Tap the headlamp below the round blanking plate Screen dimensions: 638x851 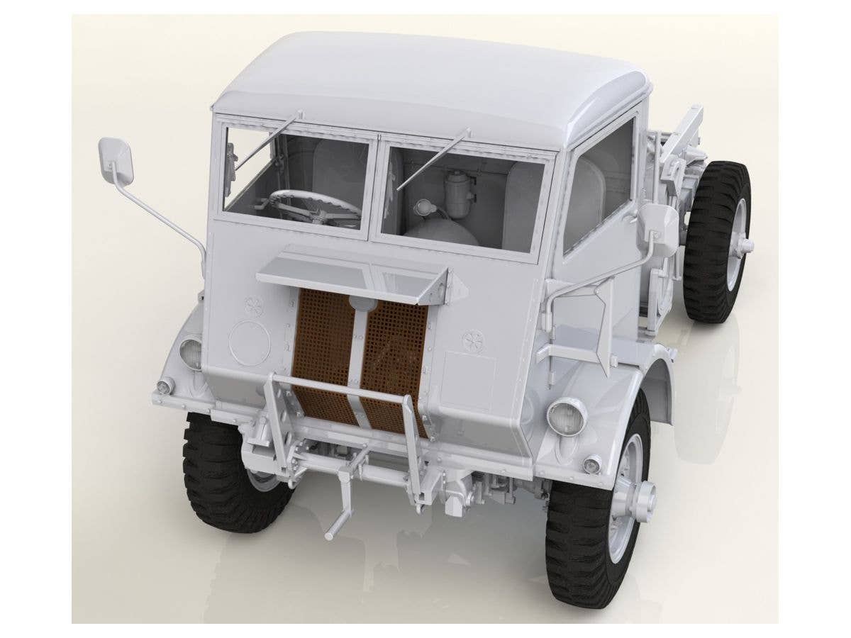click(x=191, y=352)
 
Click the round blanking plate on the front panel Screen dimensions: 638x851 click(x=250, y=342)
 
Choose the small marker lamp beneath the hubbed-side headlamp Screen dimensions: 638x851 click(x=591, y=464)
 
